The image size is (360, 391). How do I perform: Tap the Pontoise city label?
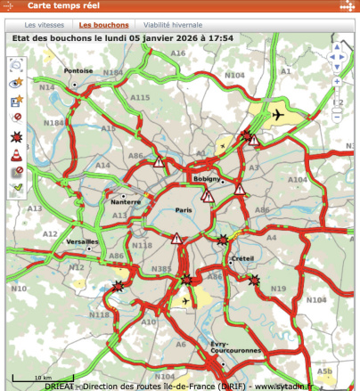tap(78, 70)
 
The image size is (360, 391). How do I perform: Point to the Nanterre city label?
tap(126, 201)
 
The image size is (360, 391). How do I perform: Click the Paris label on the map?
tap(184, 210)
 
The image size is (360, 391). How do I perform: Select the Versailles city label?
tap(83, 241)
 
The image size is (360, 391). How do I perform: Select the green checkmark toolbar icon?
tap(17, 187)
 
